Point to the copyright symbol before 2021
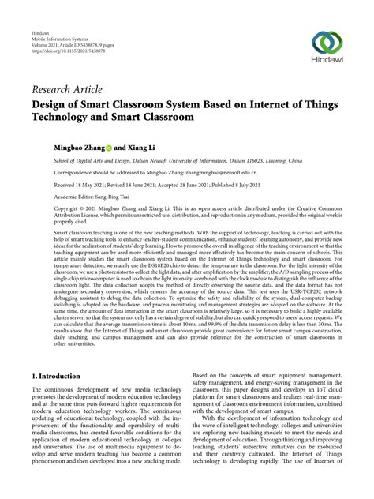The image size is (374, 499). [57, 208]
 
